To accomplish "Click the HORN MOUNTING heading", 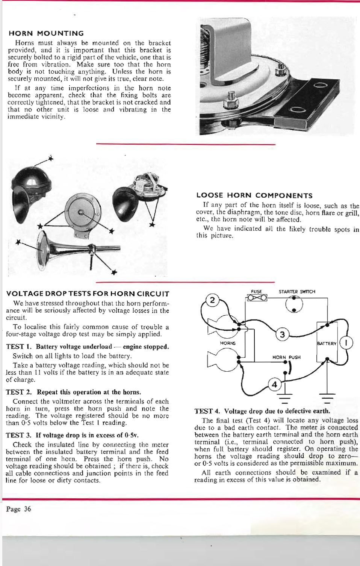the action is pos(46,33).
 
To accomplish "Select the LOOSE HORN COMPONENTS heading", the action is pos(254,195).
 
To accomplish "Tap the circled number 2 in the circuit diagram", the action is pos(212,300).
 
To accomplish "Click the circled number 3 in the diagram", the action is pos(283,334).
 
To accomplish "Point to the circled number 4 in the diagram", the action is pos(274,384).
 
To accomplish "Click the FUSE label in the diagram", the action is pos(256,291).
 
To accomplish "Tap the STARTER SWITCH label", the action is pos(297,292).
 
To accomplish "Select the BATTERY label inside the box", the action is pos(327,344).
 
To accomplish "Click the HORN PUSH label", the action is pos(286,357).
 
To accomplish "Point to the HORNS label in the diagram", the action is pos(228,343).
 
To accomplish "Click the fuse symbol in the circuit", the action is pos(256,298).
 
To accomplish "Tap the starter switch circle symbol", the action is pos(294,304).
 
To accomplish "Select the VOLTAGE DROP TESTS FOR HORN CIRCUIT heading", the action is pos(88,294).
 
